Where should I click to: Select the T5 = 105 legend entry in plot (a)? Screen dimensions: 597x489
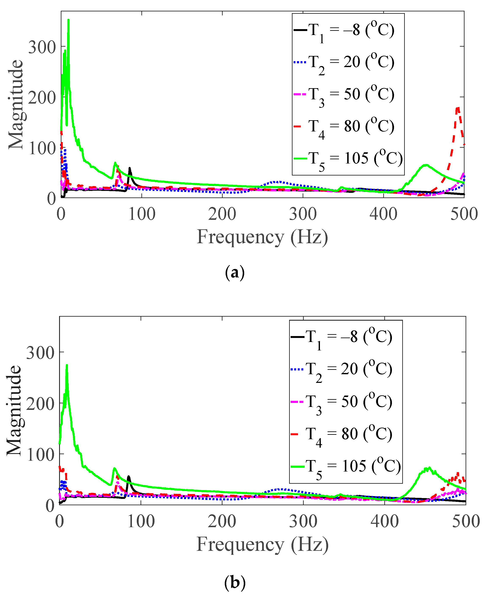click(348, 159)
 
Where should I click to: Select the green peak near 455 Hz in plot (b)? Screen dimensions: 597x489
click(428, 468)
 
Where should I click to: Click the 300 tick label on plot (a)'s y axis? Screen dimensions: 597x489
click(42, 47)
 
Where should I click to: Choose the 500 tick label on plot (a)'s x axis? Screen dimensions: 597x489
click(464, 214)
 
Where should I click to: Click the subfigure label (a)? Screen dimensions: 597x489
click(235, 273)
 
